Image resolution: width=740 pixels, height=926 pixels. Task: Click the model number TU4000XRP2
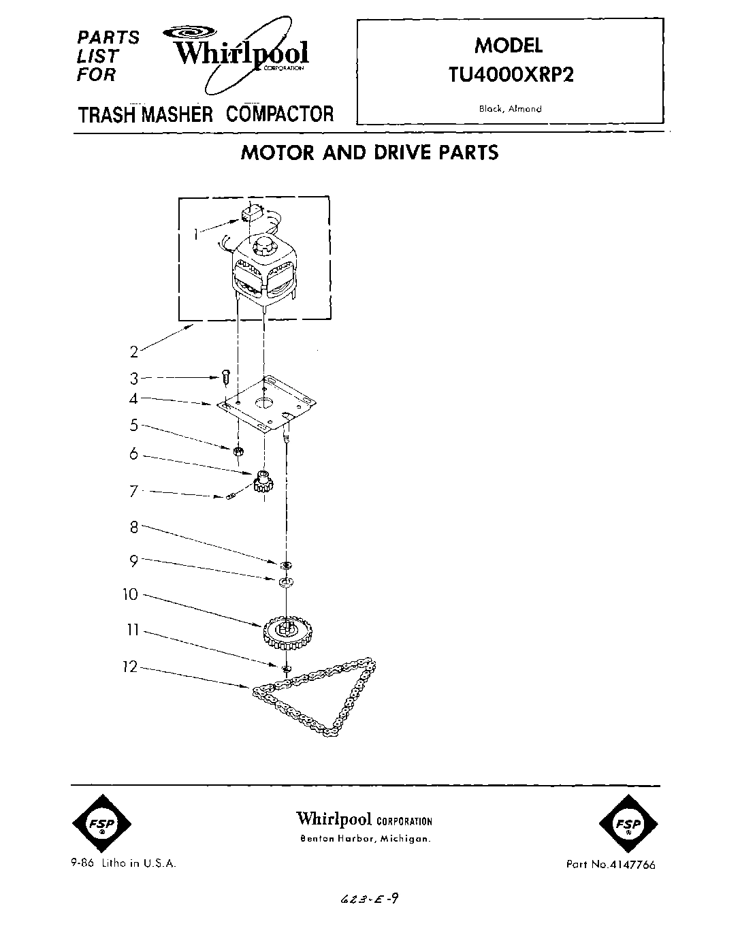[x=509, y=74]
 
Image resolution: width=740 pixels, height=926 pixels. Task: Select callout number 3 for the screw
[x=134, y=378]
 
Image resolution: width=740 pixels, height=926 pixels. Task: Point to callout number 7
[x=134, y=491]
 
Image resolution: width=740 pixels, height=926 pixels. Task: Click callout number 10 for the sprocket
[x=130, y=594]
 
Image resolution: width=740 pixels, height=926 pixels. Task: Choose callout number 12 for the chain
[x=130, y=667]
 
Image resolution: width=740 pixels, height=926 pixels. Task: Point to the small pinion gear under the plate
[x=261, y=483]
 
